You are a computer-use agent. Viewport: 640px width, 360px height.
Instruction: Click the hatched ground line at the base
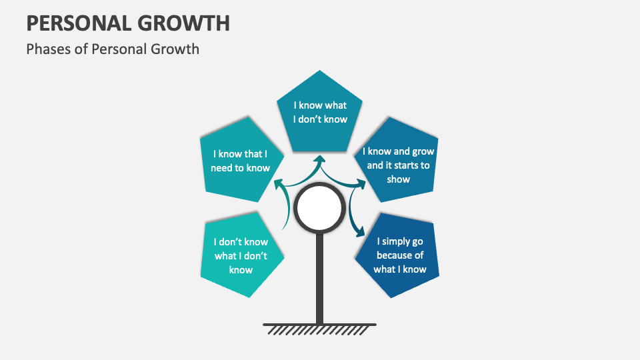pyautogui.click(x=320, y=327)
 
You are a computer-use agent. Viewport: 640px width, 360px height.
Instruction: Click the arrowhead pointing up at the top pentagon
pyautogui.click(x=320, y=160)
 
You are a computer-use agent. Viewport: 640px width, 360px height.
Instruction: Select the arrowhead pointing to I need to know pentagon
pyautogui.click(x=277, y=181)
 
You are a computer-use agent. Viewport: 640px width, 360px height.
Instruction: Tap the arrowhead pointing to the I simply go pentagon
pyautogui.click(x=361, y=233)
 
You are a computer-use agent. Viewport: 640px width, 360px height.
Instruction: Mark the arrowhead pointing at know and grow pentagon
pyautogui.click(x=362, y=182)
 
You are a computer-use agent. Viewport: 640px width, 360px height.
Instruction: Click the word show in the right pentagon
pyautogui.click(x=399, y=179)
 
